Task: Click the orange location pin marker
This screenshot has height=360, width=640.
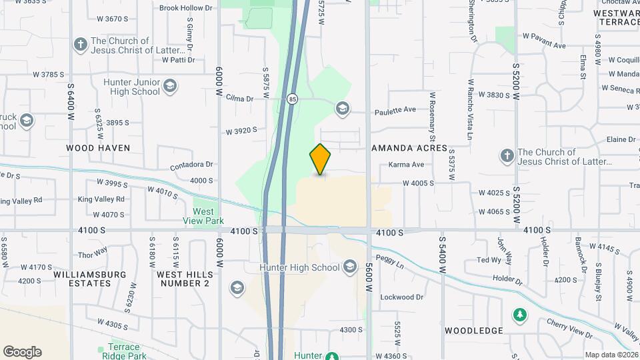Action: (x=320, y=159)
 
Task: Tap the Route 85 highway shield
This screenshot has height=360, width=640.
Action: (x=293, y=99)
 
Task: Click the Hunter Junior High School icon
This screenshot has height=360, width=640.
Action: (x=170, y=86)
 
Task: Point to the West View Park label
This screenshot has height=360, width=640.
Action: (x=204, y=215)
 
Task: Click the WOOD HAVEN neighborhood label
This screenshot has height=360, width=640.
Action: (x=98, y=147)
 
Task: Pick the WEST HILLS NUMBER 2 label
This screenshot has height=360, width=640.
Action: (x=185, y=279)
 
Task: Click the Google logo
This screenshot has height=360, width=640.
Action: (x=22, y=352)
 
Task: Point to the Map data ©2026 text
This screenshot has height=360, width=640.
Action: (x=611, y=355)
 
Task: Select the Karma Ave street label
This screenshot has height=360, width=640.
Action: (x=407, y=165)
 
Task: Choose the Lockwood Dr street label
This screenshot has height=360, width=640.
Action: (x=402, y=297)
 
